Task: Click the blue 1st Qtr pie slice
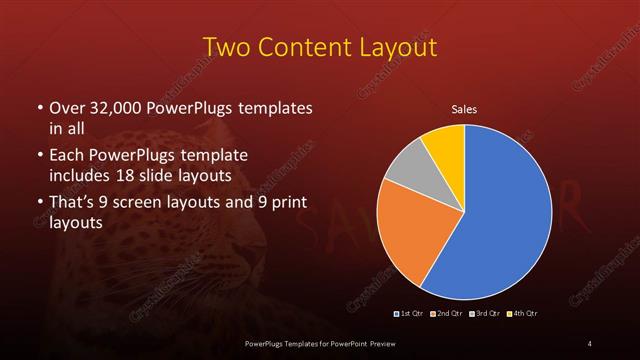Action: click(505, 215)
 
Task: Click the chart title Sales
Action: click(464, 108)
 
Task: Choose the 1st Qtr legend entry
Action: click(410, 315)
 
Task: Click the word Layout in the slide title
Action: click(396, 47)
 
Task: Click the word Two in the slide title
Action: click(226, 47)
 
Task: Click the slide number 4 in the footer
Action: click(590, 344)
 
